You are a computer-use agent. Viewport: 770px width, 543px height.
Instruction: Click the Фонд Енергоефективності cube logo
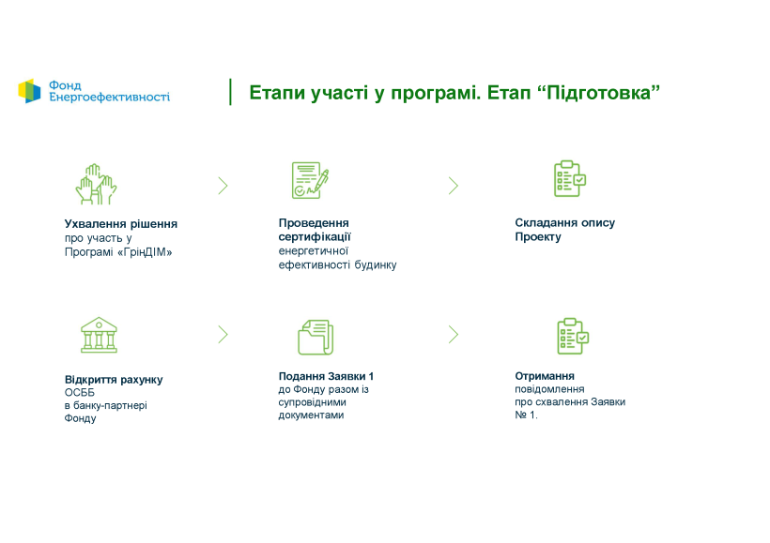click(x=29, y=91)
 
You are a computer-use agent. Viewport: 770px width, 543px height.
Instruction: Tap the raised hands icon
click(x=96, y=184)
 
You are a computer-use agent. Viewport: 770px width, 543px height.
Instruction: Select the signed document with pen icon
click(x=310, y=180)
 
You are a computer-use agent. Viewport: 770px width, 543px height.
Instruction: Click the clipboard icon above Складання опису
click(x=570, y=178)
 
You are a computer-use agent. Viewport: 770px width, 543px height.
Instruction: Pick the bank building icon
click(x=99, y=335)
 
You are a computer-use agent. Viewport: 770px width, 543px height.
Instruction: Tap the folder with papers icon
click(x=316, y=337)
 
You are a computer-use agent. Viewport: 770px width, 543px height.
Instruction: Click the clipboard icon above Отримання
click(x=573, y=336)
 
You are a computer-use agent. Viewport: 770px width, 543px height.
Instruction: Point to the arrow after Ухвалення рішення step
click(x=223, y=186)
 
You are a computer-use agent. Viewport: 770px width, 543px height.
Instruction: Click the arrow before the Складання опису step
click(x=454, y=186)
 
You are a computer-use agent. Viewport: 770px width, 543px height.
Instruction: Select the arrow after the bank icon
click(x=223, y=335)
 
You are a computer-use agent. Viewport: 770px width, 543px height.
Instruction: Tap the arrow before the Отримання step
click(x=454, y=335)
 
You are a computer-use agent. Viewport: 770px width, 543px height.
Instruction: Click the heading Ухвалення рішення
click(x=121, y=224)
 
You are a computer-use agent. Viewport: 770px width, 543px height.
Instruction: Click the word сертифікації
click(x=315, y=237)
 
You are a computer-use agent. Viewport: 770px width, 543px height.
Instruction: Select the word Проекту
click(x=538, y=237)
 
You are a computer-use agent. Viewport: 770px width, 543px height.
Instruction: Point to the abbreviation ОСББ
click(x=80, y=392)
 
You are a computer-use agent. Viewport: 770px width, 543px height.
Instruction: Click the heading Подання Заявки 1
click(x=326, y=376)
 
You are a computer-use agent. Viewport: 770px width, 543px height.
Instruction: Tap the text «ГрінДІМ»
click(x=145, y=252)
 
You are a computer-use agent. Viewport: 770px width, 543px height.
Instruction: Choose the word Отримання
click(x=545, y=376)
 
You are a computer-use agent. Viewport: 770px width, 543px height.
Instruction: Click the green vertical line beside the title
click(x=230, y=92)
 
